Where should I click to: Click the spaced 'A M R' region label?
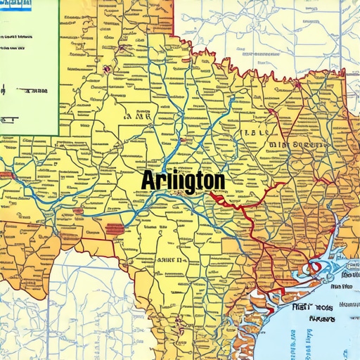click(x=142, y=118)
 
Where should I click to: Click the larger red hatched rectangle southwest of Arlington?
click(x=115, y=229)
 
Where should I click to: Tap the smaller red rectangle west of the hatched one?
click(x=77, y=211)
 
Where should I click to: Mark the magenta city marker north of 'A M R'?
click(x=105, y=69)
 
